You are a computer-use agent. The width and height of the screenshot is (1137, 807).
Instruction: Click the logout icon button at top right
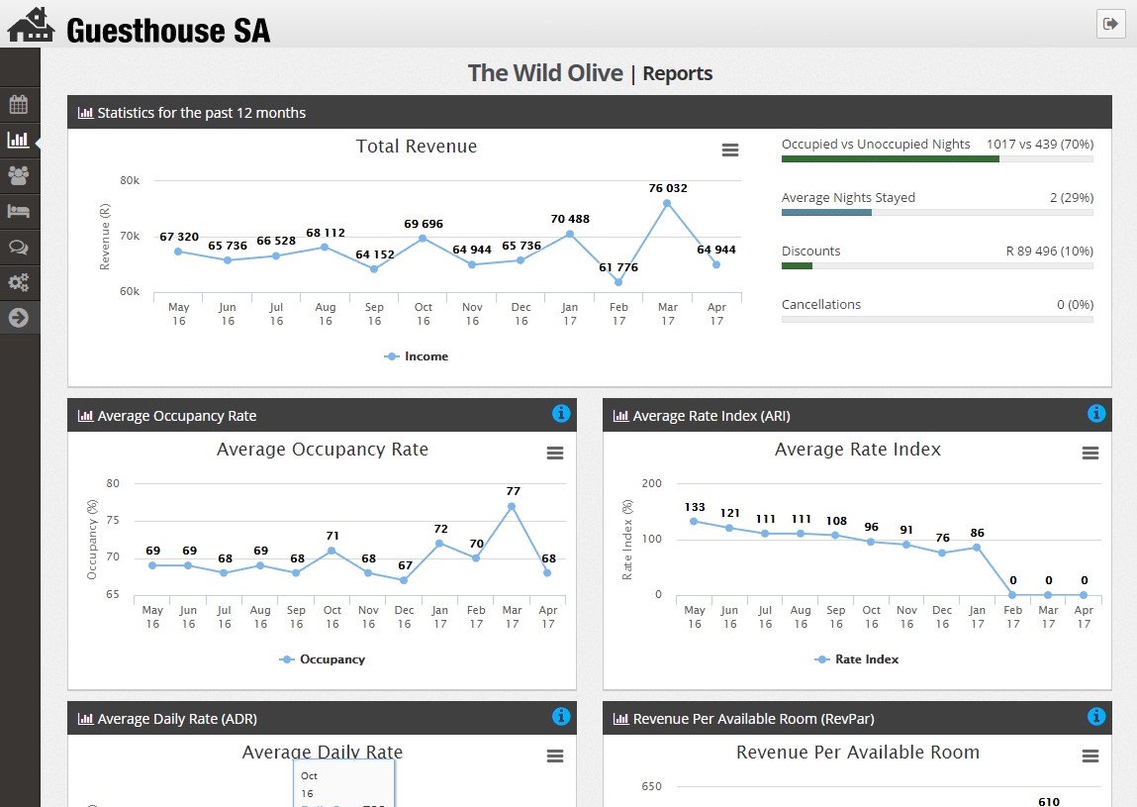click(x=1110, y=24)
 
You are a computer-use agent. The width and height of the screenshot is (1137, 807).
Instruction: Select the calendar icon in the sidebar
click(x=18, y=104)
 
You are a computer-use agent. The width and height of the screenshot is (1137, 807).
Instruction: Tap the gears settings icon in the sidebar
click(x=18, y=282)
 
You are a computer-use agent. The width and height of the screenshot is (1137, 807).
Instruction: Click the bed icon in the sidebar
click(x=18, y=211)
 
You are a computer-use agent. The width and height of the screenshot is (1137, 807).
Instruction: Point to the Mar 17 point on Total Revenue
click(x=667, y=203)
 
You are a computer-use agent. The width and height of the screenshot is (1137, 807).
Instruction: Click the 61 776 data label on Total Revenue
click(x=618, y=267)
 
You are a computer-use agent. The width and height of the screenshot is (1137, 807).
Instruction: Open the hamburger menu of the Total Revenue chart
click(x=730, y=151)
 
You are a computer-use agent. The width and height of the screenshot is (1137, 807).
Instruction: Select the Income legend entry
click(x=417, y=356)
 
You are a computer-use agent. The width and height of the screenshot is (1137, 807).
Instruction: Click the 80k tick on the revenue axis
click(x=130, y=180)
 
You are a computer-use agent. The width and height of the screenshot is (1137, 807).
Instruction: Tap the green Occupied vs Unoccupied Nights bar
click(x=890, y=158)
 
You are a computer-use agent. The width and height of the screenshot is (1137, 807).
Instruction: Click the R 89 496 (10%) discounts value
click(x=1049, y=252)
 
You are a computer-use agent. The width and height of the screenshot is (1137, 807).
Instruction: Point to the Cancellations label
click(x=821, y=305)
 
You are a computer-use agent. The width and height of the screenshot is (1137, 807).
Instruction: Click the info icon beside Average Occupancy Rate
click(x=561, y=413)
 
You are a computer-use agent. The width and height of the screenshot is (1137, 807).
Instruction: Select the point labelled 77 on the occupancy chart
click(x=512, y=506)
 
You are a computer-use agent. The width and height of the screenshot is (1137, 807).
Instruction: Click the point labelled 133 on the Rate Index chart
click(x=694, y=521)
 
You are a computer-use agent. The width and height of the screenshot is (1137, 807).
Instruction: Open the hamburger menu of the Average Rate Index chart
click(x=1090, y=454)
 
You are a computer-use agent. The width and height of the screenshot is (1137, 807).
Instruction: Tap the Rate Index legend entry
click(x=857, y=659)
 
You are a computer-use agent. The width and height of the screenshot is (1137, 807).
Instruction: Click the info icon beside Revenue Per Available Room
click(x=1096, y=716)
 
